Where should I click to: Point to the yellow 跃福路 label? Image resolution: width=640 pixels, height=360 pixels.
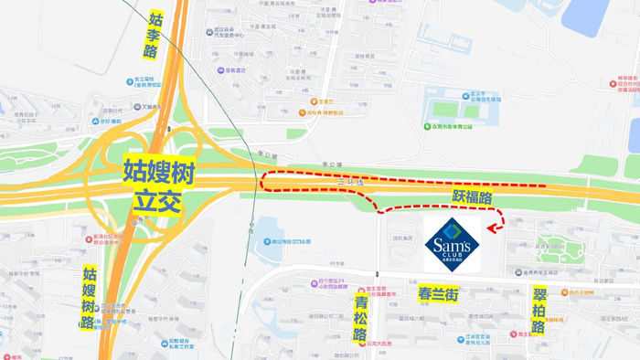pyautogui.click(x=473, y=196)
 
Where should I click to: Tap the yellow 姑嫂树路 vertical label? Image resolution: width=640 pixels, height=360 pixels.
pyautogui.click(x=90, y=298)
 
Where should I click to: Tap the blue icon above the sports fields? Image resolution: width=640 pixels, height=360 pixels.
pyautogui.click(x=437, y=94)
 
